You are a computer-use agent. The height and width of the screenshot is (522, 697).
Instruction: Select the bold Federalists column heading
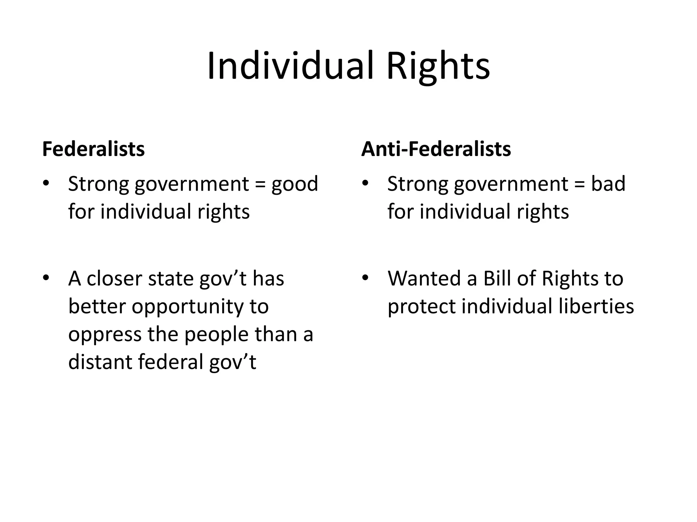tap(93, 149)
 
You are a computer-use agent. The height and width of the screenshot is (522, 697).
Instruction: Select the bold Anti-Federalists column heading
tap(436, 149)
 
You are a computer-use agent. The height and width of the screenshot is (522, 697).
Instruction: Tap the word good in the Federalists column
tap(294, 184)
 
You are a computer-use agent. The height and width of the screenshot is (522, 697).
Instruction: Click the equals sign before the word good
tap(260, 184)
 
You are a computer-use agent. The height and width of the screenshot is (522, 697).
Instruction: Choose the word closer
tap(114, 279)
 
